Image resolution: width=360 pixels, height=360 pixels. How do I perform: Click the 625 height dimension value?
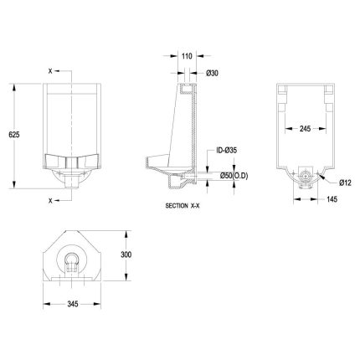point(14,135)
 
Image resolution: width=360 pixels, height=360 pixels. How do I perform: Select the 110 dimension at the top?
point(187,56)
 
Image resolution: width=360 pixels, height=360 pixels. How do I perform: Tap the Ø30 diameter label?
point(212,73)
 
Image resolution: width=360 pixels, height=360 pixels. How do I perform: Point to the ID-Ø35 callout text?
point(226,151)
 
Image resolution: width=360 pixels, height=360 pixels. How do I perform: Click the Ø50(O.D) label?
point(234,176)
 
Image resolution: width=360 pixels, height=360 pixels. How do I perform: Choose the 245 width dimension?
point(305,128)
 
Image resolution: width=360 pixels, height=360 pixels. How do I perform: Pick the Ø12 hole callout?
point(345,183)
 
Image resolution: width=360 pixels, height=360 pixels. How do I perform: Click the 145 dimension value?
point(332,199)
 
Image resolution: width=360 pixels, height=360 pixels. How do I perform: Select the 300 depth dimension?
point(126,255)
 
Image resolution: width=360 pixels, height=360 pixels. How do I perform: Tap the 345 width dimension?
point(73,304)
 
